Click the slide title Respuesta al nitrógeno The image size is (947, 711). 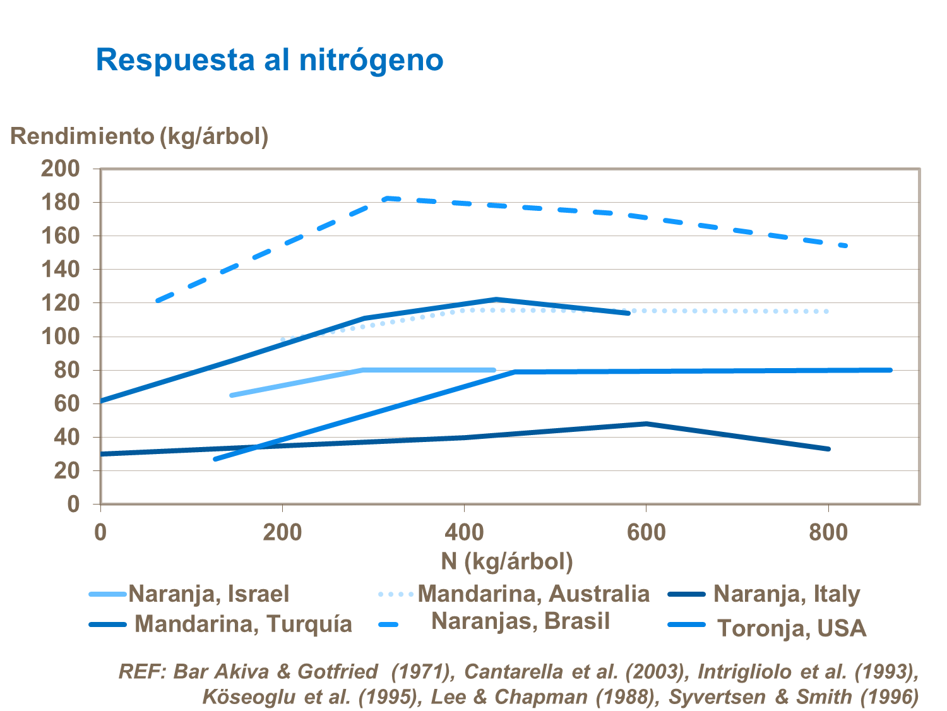(270, 61)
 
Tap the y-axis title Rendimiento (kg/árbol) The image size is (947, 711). (140, 136)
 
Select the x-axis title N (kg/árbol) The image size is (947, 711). (507, 561)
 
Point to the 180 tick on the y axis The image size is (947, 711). (61, 203)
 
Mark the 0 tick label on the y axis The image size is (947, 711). (74, 504)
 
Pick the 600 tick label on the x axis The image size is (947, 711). (646, 533)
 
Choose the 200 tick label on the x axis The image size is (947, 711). (282, 533)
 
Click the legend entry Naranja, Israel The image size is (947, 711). (208, 594)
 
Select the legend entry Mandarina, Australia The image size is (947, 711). (533, 594)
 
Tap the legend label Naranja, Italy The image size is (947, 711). (787, 594)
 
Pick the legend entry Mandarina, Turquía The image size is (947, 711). (243, 624)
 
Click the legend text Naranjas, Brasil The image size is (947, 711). (520, 621)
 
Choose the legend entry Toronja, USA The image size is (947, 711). (792, 628)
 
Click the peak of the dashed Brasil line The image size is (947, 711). (386, 198)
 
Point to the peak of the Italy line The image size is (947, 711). (646, 424)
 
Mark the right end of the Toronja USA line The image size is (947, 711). (890, 370)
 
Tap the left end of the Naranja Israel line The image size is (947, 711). (232, 395)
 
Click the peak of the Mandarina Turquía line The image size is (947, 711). (496, 299)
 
